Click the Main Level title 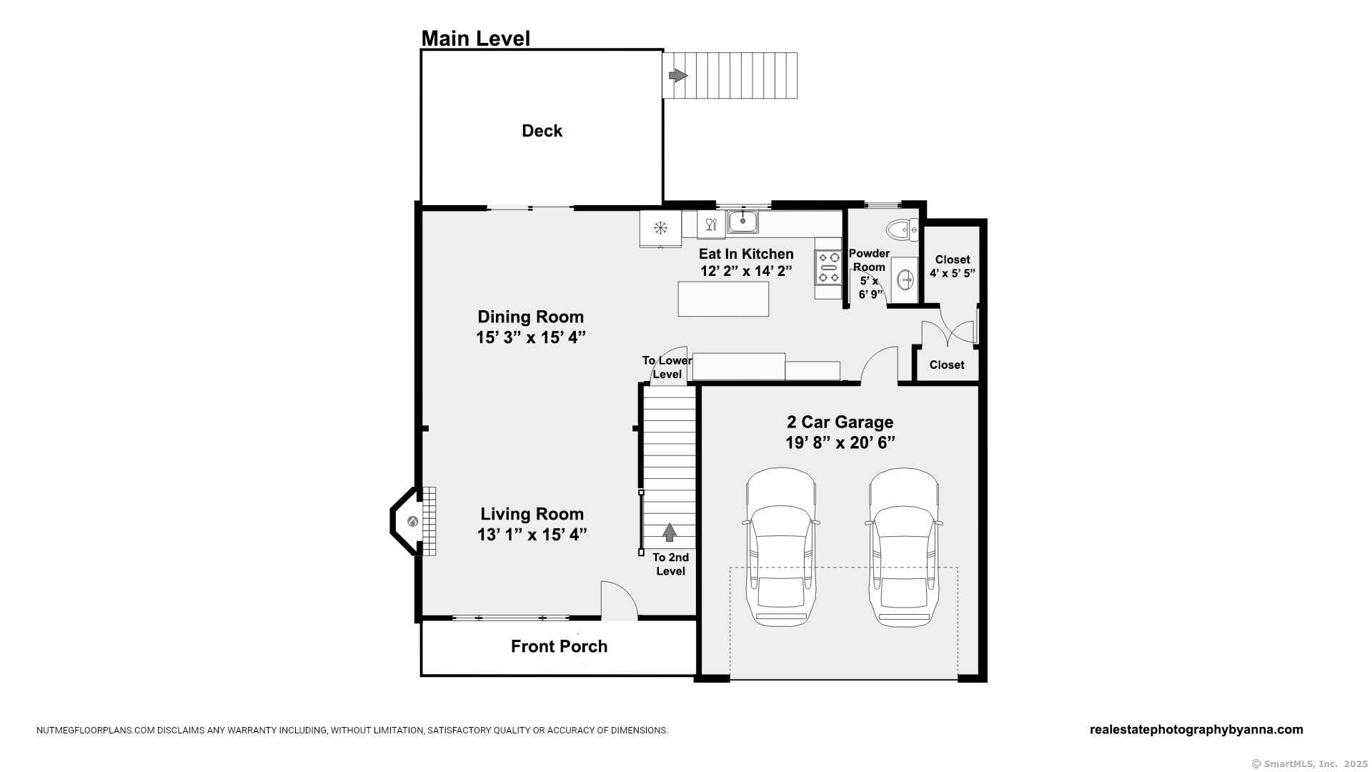pos(475,39)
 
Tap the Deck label pos(542,131)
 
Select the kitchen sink pos(743,222)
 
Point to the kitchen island pos(723,299)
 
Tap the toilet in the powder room pos(903,229)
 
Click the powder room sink pos(905,279)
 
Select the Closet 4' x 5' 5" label pos(953,266)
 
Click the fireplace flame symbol pos(412,521)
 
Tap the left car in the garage pos(780,547)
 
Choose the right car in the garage pos(904,547)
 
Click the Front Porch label pos(559,646)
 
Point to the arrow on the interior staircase pos(670,533)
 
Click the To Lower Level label pos(667,367)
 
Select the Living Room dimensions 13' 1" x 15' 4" pos(532,534)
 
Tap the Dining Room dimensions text pos(531,337)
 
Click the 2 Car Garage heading pos(840,422)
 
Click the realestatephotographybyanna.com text pos(1196,730)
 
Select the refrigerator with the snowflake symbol pos(660,229)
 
